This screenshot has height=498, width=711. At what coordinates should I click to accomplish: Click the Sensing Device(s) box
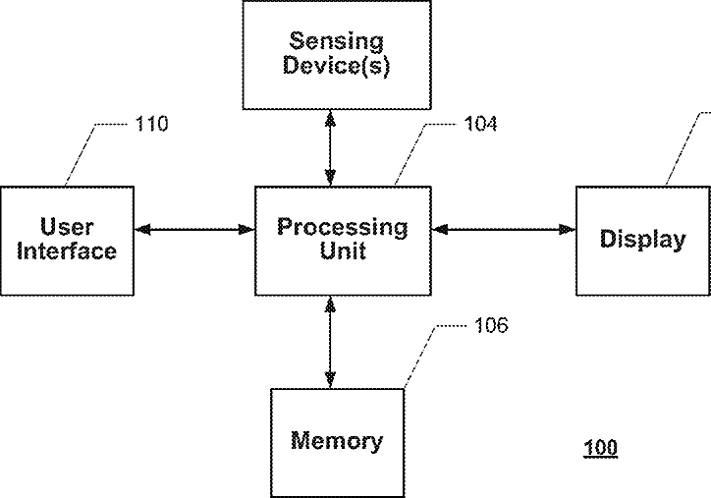(x=337, y=54)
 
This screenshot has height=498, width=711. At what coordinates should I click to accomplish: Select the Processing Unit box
(x=343, y=241)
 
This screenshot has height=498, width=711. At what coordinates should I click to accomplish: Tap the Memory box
(x=338, y=443)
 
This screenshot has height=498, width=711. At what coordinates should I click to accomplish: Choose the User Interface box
(x=67, y=241)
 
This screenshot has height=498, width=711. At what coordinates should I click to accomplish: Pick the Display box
(x=643, y=241)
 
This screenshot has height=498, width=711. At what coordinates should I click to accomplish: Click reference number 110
(x=152, y=124)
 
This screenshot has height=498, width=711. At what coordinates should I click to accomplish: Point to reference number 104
(x=480, y=124)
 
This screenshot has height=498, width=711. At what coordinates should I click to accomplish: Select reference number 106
(x=492, y=325)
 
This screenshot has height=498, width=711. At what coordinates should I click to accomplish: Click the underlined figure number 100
(x=600, y=448)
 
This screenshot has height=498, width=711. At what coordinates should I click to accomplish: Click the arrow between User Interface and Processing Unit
(x=194, y=230)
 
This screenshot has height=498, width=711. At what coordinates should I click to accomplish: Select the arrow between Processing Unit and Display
(x=504, y=230)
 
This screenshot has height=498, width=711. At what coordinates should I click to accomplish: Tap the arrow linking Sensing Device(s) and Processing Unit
(x=331, y=148)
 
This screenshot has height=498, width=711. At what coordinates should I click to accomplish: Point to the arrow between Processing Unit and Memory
(x=331, y=343)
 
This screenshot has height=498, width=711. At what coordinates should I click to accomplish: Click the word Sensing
(x=337, y=41)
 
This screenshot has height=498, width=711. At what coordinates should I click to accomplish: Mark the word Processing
(x=343, y=228)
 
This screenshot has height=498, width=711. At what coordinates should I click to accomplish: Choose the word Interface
(x=67, y=250)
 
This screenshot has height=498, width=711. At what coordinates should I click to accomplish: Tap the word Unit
(x=343, y=250)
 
